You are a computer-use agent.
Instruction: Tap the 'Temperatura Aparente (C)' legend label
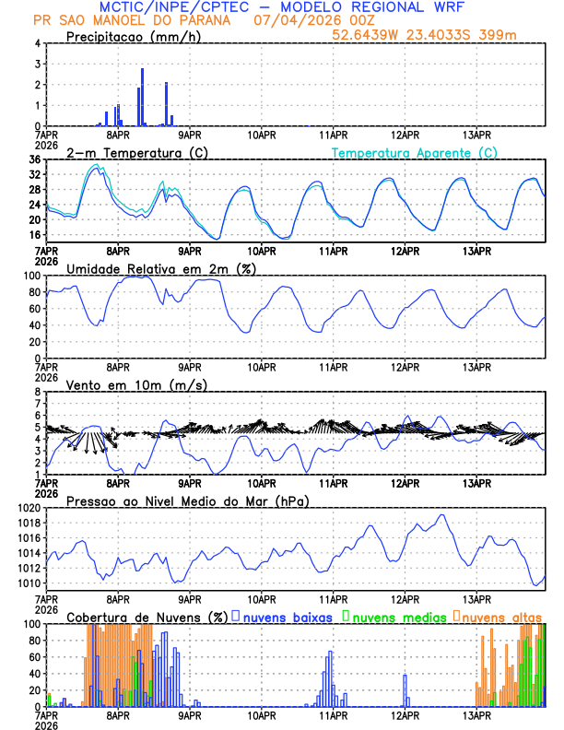414,152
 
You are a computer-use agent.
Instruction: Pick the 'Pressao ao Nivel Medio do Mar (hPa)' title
187,500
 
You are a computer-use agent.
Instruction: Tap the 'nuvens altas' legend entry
502,616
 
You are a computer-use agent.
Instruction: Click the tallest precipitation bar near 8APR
142,97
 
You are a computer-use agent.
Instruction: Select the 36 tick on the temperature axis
34,159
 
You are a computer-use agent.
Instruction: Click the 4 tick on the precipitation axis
38,43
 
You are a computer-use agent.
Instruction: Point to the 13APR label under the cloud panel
476,714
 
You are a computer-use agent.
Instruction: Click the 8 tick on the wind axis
38,392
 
